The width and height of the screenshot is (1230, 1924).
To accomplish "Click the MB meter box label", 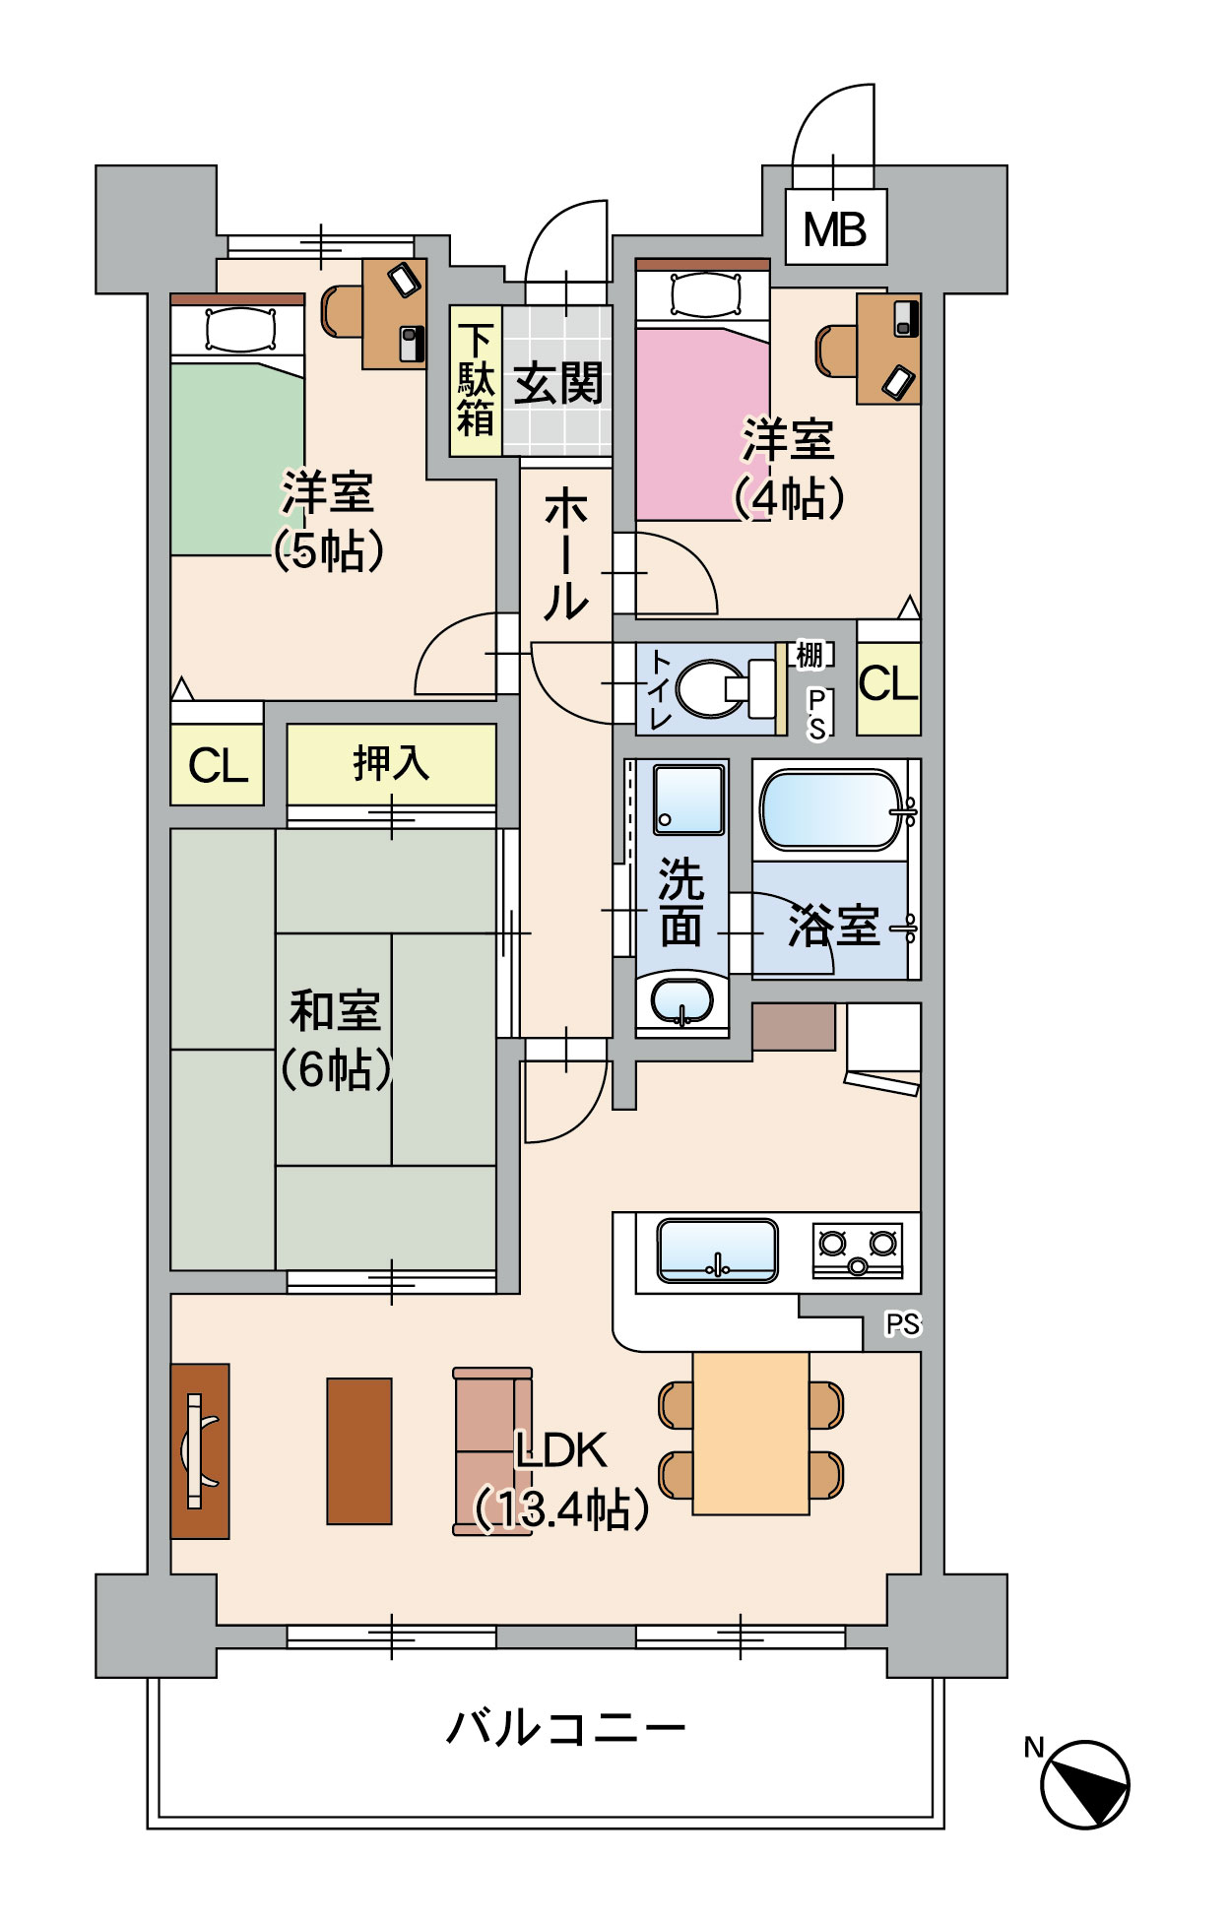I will click(835, 230).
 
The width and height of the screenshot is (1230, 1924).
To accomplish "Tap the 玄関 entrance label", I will click(558, 382).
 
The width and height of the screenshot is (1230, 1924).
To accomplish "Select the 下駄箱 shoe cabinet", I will click(476, 382).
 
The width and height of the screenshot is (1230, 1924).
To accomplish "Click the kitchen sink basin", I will click(717, 1251).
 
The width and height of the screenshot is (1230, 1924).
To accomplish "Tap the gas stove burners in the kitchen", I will click(858, 1251).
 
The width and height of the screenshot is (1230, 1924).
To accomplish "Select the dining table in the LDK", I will click(750, 1433).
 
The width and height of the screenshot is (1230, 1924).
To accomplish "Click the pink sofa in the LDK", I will click(492, 1450).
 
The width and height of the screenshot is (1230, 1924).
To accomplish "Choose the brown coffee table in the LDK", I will click(359, 1450).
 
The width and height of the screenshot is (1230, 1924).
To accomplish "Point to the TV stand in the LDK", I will click(200, 1450).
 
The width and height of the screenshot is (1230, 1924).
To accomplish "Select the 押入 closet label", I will click(391, 763).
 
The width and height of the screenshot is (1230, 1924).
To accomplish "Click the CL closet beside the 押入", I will click(218, 766).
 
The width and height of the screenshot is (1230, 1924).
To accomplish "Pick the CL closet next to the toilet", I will click(888, 683).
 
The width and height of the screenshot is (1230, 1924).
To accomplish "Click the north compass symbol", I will click(1084, 1783).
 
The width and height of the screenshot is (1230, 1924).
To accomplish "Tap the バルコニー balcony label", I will click(565, 1728).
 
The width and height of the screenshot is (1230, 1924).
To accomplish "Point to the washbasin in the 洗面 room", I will click(681, 1002).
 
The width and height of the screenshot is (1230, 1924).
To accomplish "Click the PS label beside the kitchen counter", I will click(902, 1324).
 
